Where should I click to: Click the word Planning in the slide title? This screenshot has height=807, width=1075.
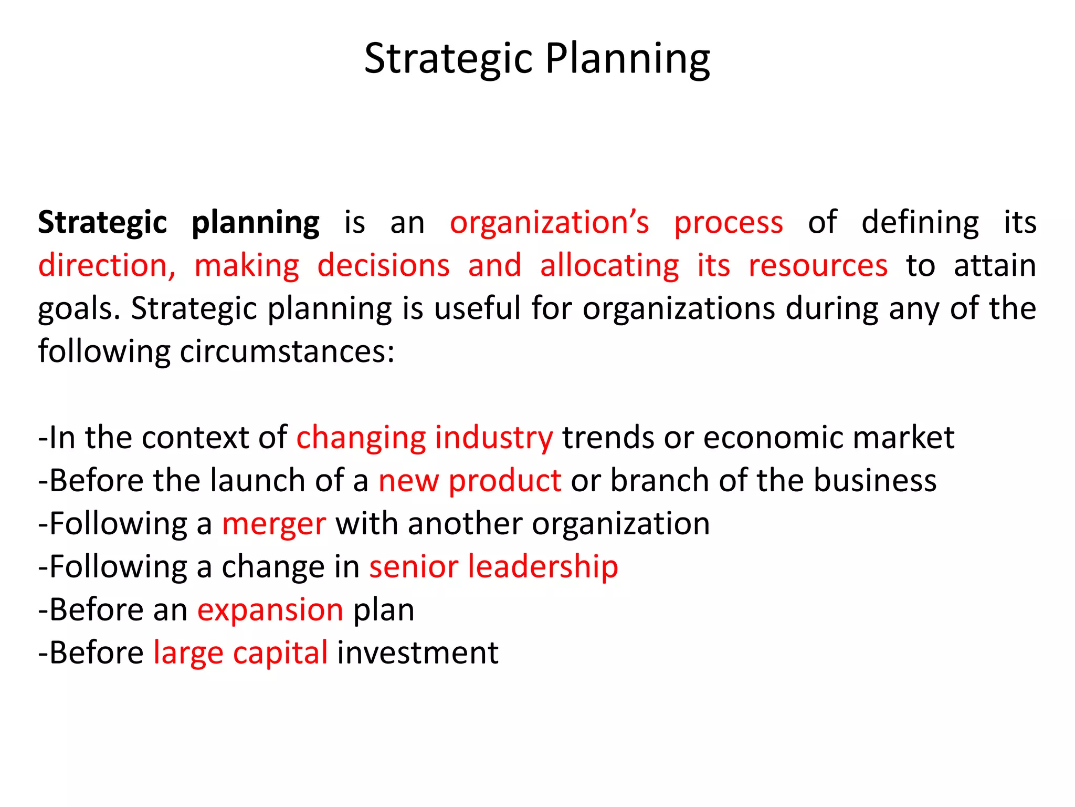pos(627,59)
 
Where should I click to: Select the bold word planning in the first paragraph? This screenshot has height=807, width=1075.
pos(255,223)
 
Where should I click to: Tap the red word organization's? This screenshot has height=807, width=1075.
pos(550,222)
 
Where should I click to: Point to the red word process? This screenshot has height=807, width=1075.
pos(729,223)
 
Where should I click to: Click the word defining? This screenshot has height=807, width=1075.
pos(920,223)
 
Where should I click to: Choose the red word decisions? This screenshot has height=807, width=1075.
pos(384,265)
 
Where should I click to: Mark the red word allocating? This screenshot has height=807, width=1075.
pos(609,266)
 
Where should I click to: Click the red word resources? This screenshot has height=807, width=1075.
pos(818,265)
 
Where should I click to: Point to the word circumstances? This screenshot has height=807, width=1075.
pos(287,351)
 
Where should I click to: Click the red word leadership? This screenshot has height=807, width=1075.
pos(543,567)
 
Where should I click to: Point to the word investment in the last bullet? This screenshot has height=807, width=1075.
pos(417,653)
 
